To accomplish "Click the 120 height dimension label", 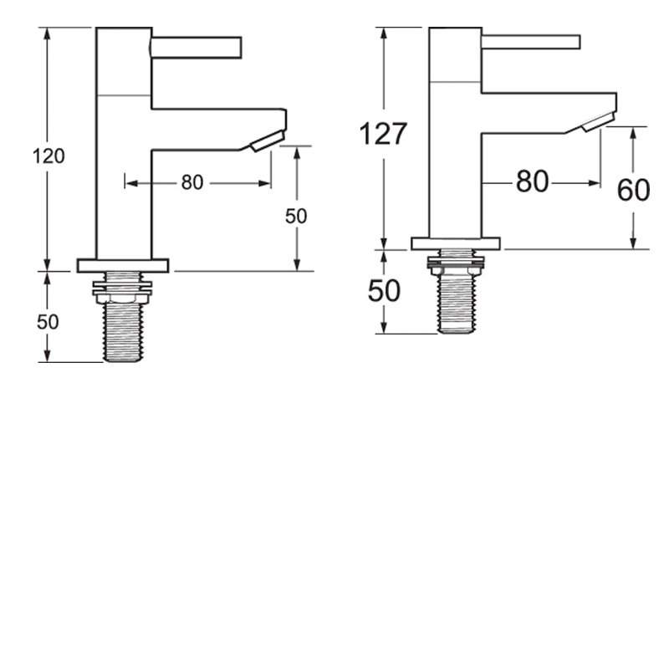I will (x=49, y=156).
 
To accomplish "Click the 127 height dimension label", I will (x=383, y=134).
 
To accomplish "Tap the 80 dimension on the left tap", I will (x=192, y=182).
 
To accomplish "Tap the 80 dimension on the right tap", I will (x=532, y=181).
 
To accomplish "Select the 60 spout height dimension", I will (x=633, y=191).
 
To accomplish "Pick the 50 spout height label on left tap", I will (x=296, y=216).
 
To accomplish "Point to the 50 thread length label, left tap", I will (x=48, y=322).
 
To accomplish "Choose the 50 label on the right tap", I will (x=384, y=291).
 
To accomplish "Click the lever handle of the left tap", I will (x=197, y=46).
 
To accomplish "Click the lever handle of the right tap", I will (x=531, y=42).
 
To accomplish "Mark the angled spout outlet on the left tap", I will (x=268, y=141).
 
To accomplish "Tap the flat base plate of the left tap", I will (x=123, y=265).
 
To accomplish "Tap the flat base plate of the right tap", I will (x=456, y=243).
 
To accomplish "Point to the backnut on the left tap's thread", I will (x=123, y=290).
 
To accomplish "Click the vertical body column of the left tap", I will (x=123, y=167).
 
